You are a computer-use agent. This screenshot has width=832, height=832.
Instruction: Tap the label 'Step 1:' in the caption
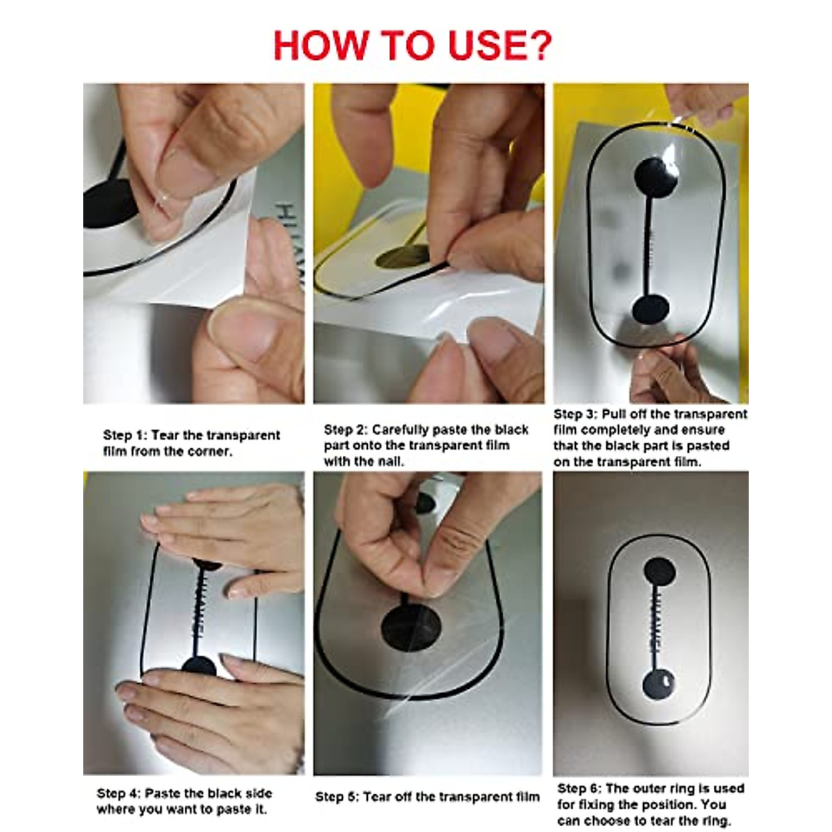[x=125, y=435]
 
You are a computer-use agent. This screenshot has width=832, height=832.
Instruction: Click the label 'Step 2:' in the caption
[x=346, y=430]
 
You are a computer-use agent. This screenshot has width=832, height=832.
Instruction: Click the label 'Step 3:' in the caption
[x=575, y=414]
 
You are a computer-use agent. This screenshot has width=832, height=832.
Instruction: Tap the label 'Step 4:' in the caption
[x=119, y=794]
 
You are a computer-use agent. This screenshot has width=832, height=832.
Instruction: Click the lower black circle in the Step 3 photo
[x=650, y=309]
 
